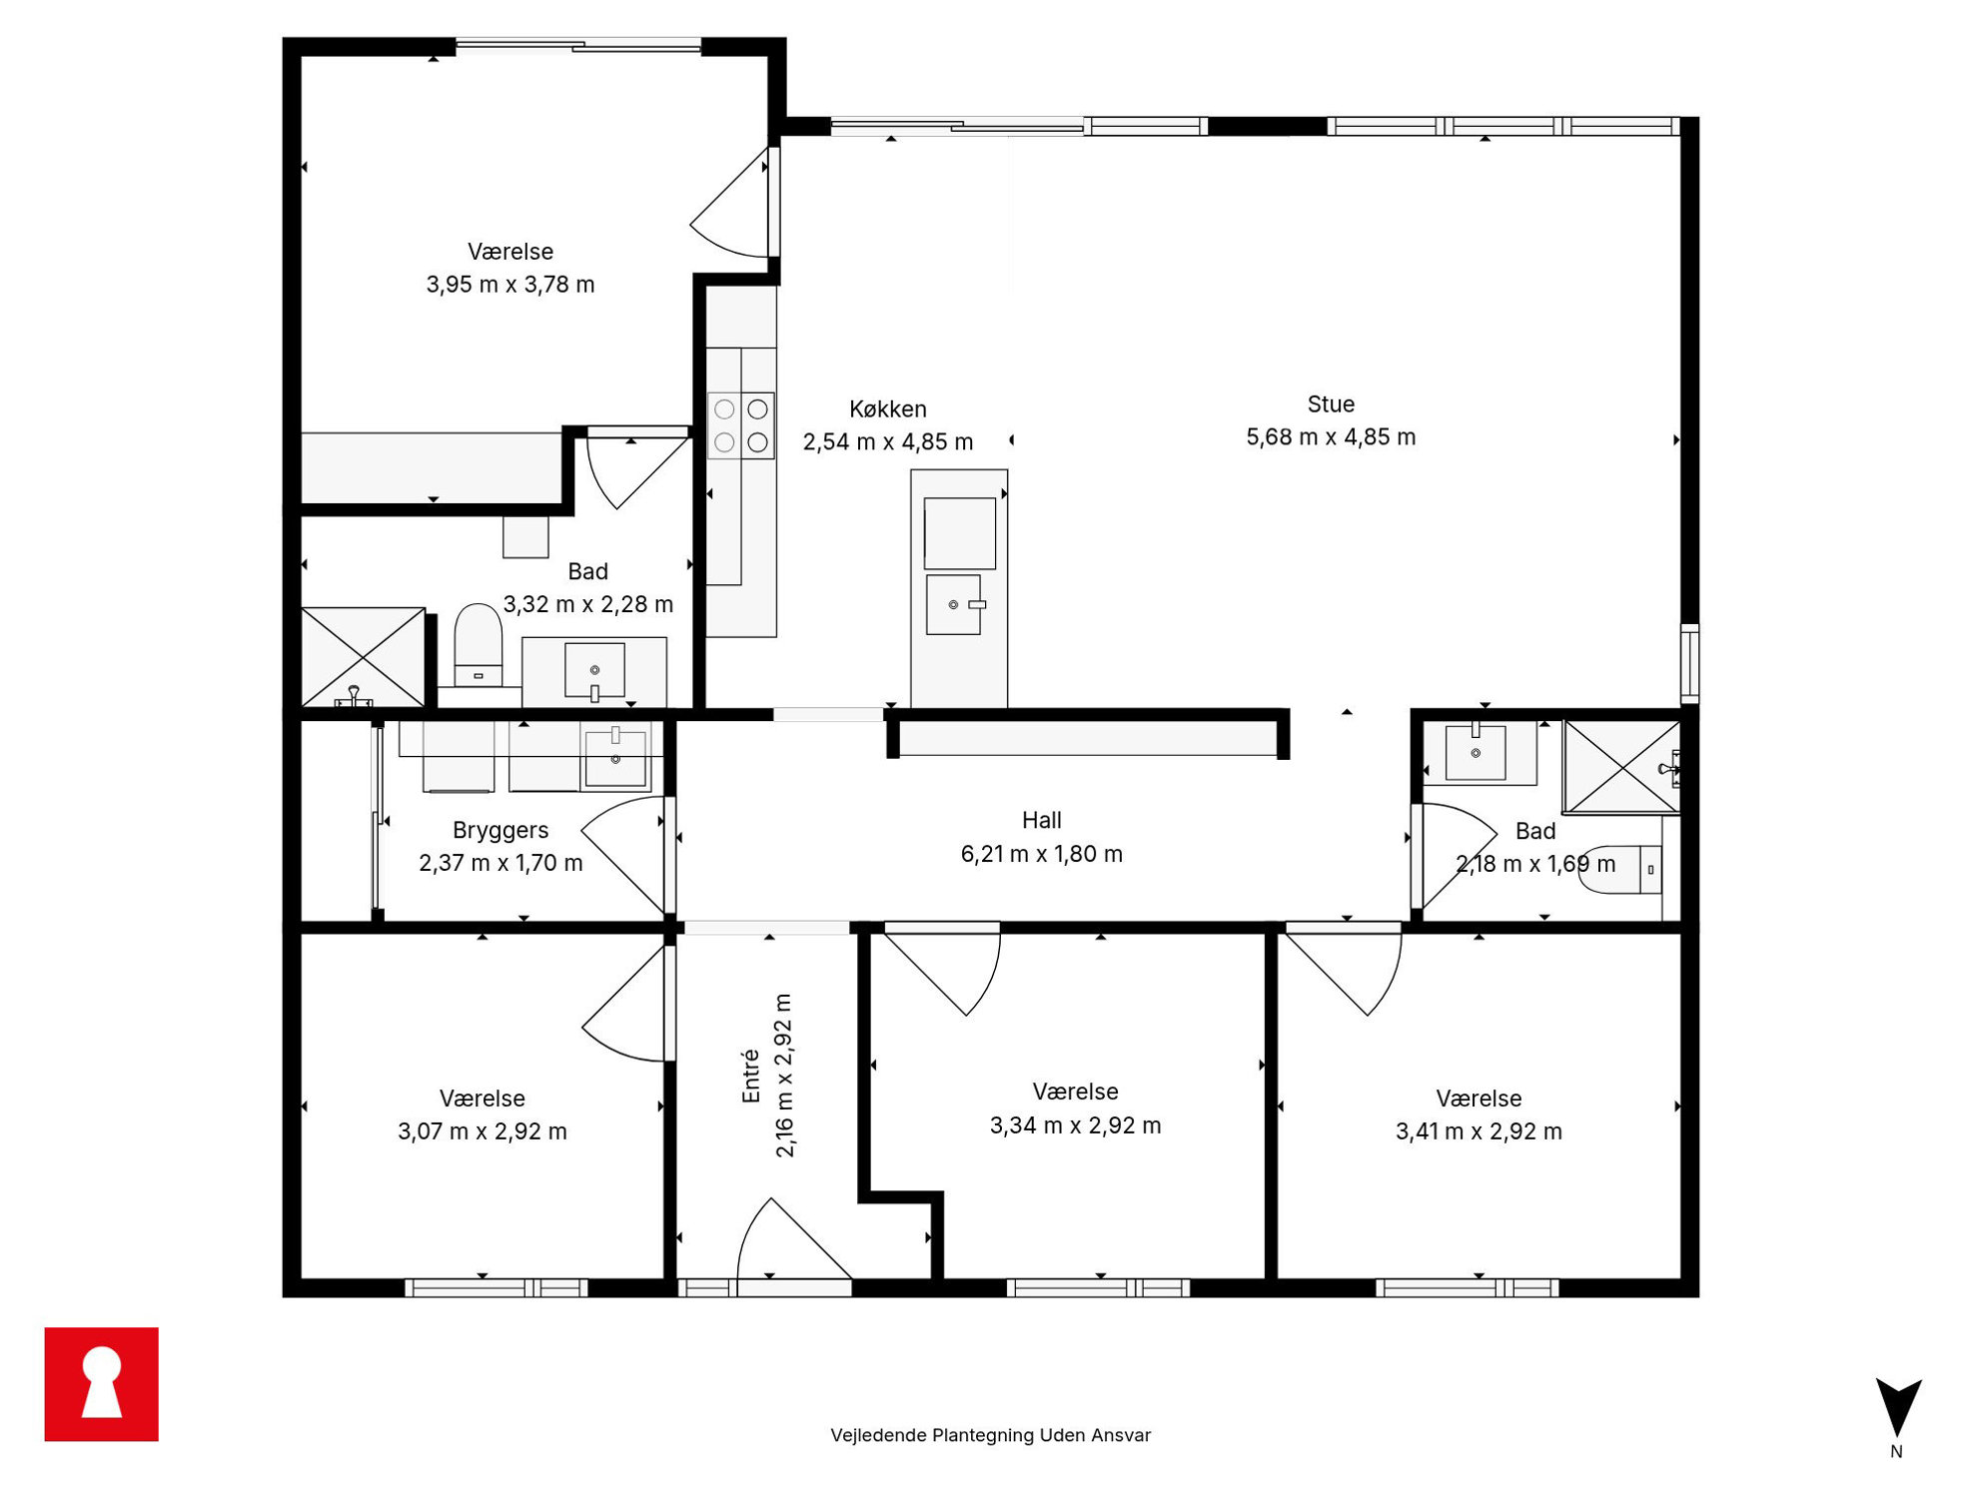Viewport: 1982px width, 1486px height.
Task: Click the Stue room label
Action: click(x=1331, y=404)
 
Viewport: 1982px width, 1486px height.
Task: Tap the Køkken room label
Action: click(x=888, y=409)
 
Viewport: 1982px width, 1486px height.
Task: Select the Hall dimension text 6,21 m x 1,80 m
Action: click(x=1042, y=854)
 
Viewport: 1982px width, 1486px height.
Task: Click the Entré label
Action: click(x=751, y=1077)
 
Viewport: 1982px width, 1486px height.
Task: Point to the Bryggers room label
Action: click(x=500, y=831)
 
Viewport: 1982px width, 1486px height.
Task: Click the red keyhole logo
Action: click(x=102, y=1384)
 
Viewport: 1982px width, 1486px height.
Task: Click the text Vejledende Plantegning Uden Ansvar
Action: click(x=991, y=1435)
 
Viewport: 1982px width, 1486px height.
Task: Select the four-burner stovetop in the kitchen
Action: click(x=741, y=425)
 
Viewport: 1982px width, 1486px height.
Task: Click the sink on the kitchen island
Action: click(x=954, y=604)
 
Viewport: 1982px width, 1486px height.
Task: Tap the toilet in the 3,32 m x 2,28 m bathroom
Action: click(x=479, y=644)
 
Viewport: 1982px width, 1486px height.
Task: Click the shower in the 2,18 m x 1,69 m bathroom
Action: click(x=1622, y=767)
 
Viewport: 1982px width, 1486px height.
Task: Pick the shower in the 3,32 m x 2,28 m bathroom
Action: click(x=364, y=657)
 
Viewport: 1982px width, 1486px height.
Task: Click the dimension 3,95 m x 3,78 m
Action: click(x=510, y=285)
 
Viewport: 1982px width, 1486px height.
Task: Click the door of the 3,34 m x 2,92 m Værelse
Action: click(x=942, y=969)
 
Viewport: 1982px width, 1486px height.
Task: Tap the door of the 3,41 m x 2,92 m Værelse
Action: click(x=1344, y=969)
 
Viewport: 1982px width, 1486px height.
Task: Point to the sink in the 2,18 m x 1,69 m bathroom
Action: click(x=1476, y=752)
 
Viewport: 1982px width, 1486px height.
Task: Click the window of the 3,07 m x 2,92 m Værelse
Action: click(x=496, y=1288)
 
